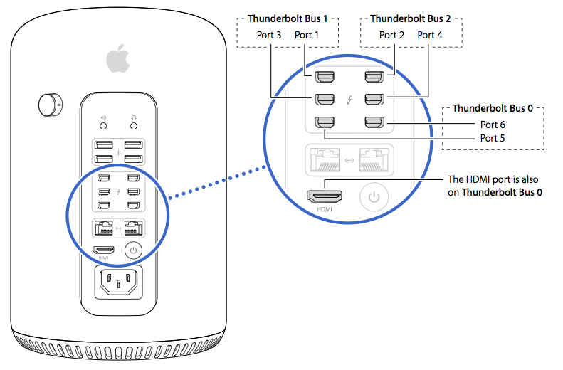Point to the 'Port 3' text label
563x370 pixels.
[270, 35]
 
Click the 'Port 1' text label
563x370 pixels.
[308, 35]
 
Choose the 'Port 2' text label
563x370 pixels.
[392, 35]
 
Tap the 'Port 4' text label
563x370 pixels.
[431, 35]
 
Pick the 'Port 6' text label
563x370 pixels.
[492, 125]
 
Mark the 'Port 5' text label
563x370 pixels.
[492, 138]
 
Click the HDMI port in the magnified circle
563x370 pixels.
[325, 196]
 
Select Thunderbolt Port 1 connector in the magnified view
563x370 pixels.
[325, 76]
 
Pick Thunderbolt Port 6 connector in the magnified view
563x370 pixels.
[374, 122]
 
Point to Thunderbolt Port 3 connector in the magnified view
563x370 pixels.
[325, 99]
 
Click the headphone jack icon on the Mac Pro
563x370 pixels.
[132, 119]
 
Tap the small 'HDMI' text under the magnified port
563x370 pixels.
[325, 211]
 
